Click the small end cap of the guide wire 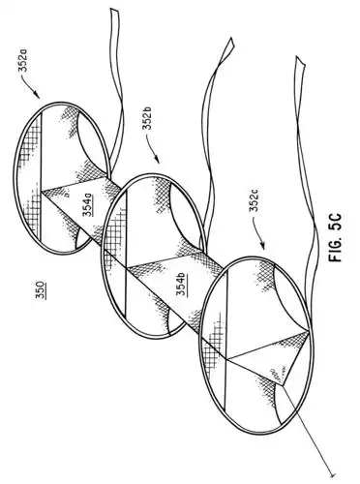335,474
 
